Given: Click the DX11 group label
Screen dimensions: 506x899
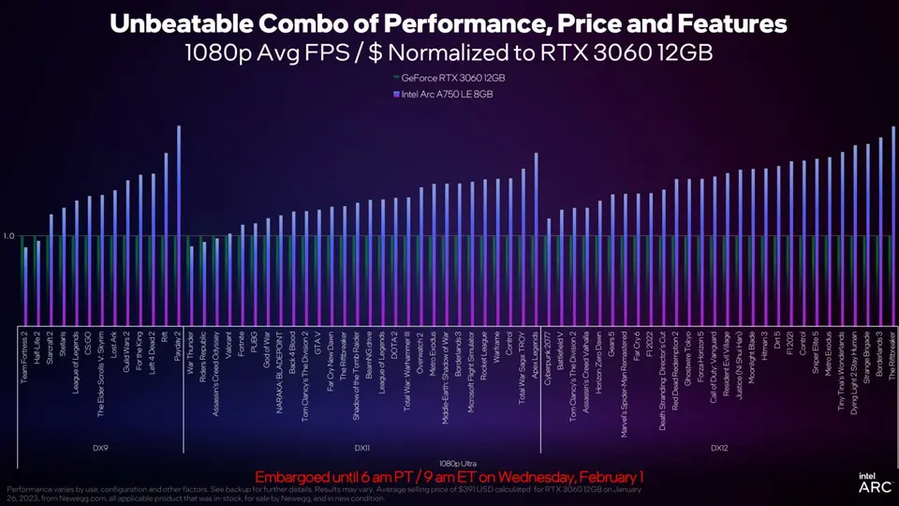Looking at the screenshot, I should (361, 448).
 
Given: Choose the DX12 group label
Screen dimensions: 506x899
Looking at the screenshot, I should (719, 448).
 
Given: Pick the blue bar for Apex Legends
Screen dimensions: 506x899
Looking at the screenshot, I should (537, 239).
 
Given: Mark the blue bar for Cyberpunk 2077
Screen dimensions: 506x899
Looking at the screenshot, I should (549, 272).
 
